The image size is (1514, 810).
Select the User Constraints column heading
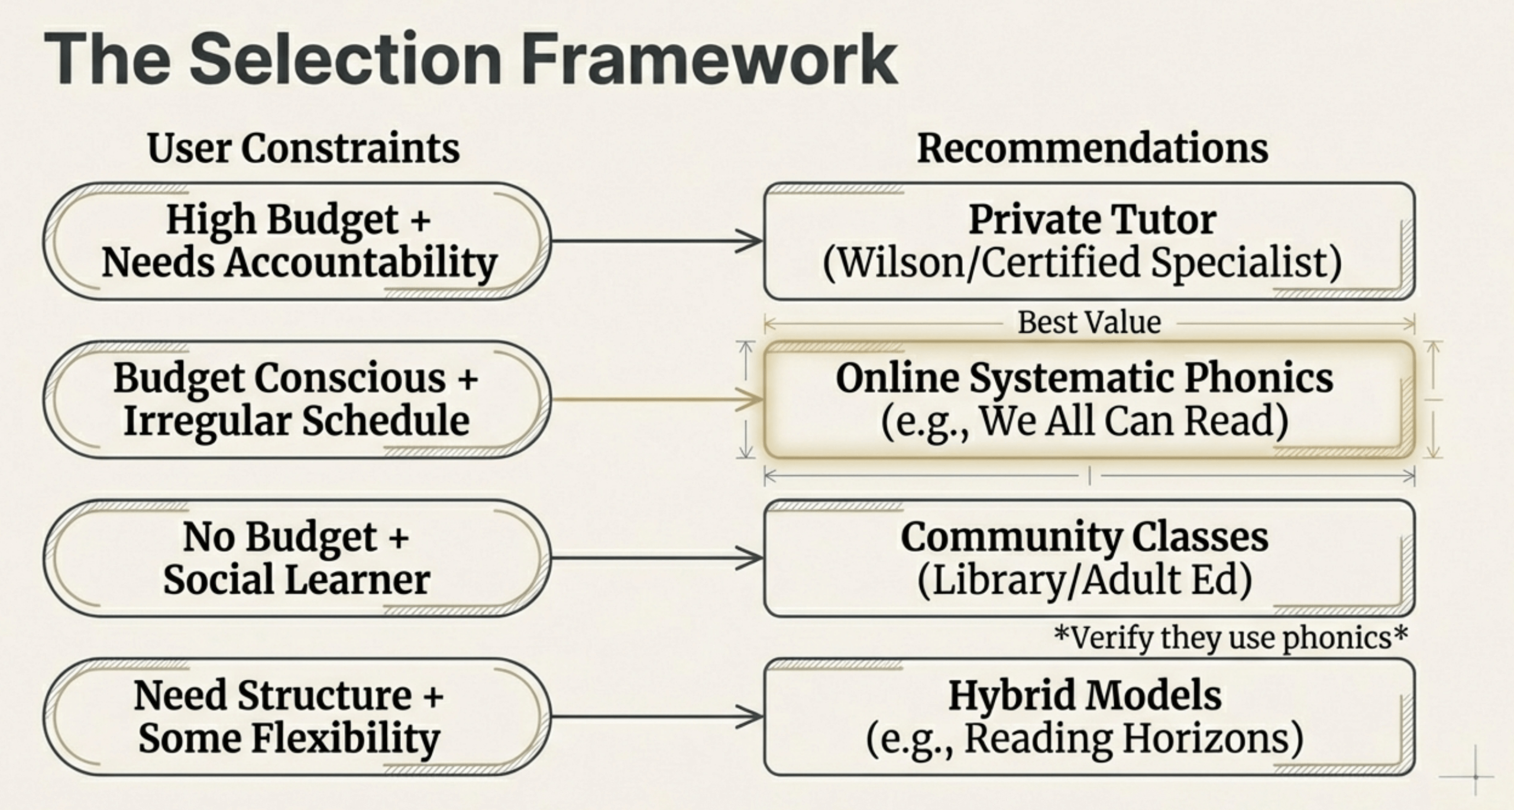303,147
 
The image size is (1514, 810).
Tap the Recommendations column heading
1092,147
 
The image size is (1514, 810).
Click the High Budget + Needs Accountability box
297,241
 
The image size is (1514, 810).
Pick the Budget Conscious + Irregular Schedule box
297,399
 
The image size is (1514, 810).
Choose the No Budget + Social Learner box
297,558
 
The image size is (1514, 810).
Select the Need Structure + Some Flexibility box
297,717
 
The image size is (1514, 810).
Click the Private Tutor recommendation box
1089,241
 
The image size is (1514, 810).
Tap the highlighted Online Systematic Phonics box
1089,399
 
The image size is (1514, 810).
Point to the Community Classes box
1089,558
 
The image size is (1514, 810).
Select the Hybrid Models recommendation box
1089,717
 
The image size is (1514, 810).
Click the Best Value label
1089,322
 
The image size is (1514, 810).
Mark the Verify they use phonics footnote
1231,637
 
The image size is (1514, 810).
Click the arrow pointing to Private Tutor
656,241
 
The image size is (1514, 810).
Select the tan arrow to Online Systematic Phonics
656,399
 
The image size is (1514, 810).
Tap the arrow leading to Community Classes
656,558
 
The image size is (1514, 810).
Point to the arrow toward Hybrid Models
656,717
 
